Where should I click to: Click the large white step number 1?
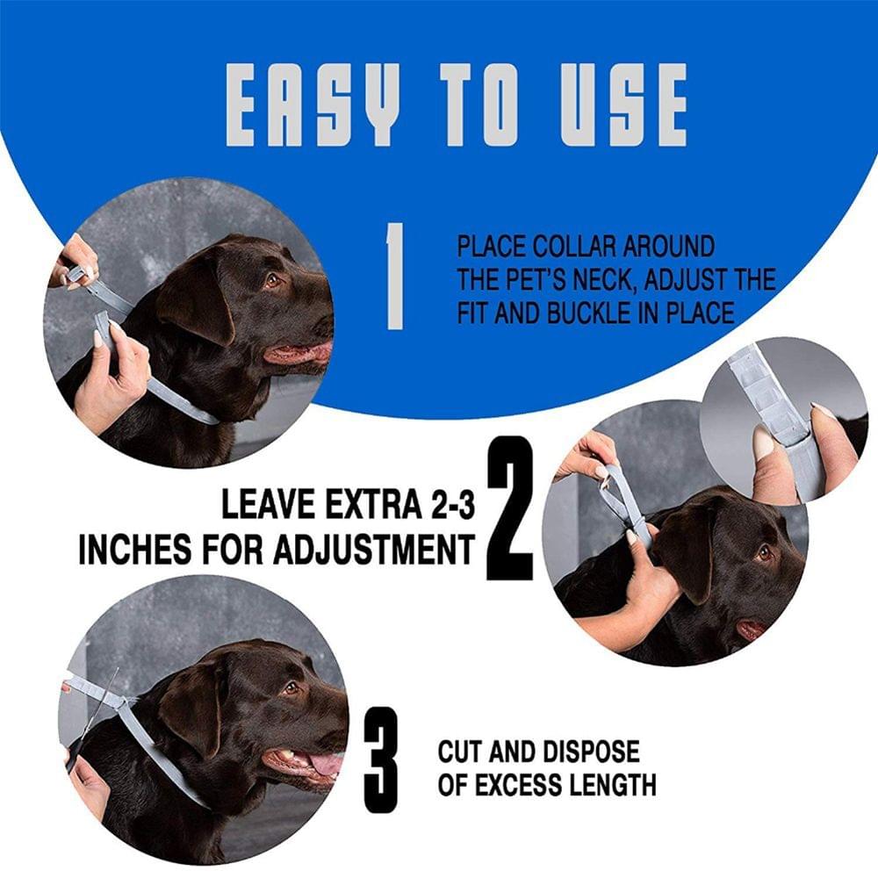click(x=394, y=276)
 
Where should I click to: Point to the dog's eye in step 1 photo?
click(x=272, y=280)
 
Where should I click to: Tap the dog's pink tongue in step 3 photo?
click(x=325, y=763)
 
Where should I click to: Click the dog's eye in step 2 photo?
click(x=763, y=553)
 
